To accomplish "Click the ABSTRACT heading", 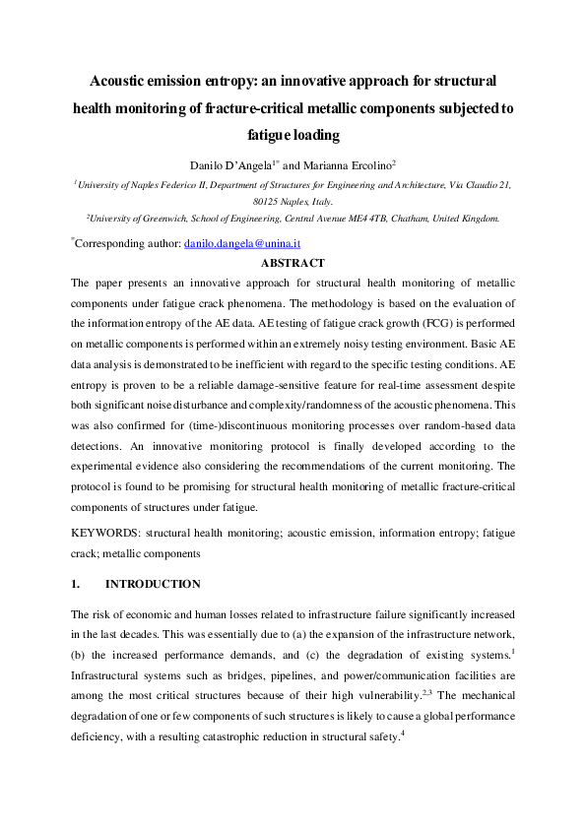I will pyautogui.click(x=293, y=263).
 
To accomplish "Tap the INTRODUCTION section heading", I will pyautogui.click(x=153, y=584).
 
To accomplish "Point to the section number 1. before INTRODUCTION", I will pyautogui.click(x=76, y=584).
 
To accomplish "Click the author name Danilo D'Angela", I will pyautogui.click(x=231, y=163).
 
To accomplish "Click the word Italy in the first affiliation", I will pyautogui.click(x=312, y=200).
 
